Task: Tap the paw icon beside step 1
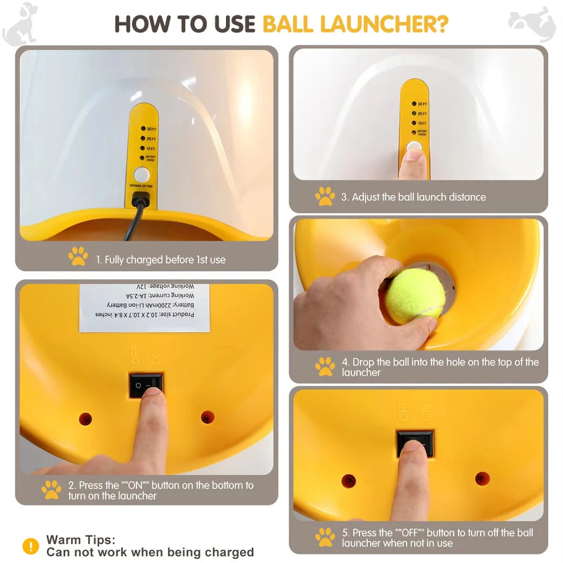78,256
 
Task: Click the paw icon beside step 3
325,196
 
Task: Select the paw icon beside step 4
325,367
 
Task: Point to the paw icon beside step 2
51,490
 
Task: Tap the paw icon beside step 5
325,537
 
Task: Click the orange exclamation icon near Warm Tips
30,546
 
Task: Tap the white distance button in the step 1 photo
141,174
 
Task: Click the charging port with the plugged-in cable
140,199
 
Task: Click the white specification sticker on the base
144,307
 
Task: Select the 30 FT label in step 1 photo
150,129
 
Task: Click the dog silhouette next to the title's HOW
20,24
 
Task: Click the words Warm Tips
81,540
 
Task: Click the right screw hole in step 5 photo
482,479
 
